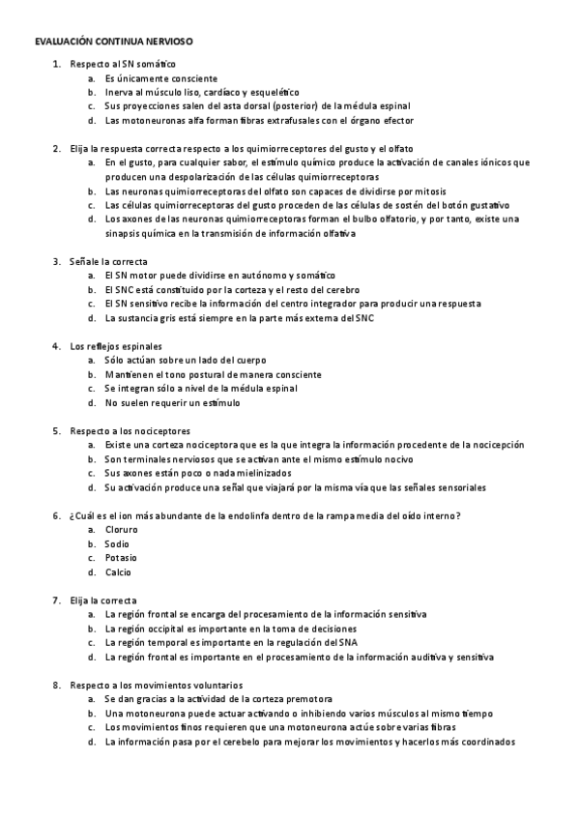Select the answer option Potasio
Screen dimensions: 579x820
pos(121,557)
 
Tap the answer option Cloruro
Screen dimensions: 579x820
pos(121,530)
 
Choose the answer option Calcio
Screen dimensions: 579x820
pos(118,571)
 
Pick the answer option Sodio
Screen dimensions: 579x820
pos(117,543)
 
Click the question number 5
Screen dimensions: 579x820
pos(56,429)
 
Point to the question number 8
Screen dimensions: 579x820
pos(56,685)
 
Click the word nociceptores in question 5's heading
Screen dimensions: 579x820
pos(164,429)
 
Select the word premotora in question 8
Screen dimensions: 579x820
pos(308,698)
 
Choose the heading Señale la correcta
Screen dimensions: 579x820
pos(108,261)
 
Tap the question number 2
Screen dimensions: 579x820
pos(56,148)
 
